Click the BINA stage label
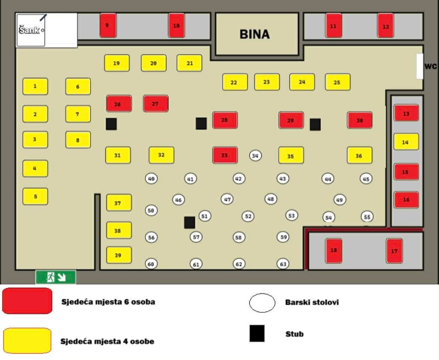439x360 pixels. click(255, 34)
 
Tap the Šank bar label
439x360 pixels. click(29, 30)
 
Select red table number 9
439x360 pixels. click(108, 25)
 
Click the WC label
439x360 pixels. click(430, 67)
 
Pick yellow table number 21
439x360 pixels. click(189, 63)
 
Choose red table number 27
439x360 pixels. click(155, 103)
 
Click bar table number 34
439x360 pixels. click(255, 156)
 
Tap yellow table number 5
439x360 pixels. click(35, 196)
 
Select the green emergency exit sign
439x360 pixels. click(56, 277)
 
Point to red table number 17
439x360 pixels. click(394, 251)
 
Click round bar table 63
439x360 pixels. click(283, 264)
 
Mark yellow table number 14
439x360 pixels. click(406, 142)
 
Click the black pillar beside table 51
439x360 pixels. click(190, 222)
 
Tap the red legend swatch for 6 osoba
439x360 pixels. click(27, 301)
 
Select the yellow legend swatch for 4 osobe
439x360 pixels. click(27, 341)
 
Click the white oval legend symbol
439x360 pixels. click(262, 303)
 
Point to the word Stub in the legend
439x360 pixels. click(294, 334)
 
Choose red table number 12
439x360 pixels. click(385, 26)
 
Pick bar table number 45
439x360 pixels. click(366, 179)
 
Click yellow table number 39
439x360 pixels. click(119, 255)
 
